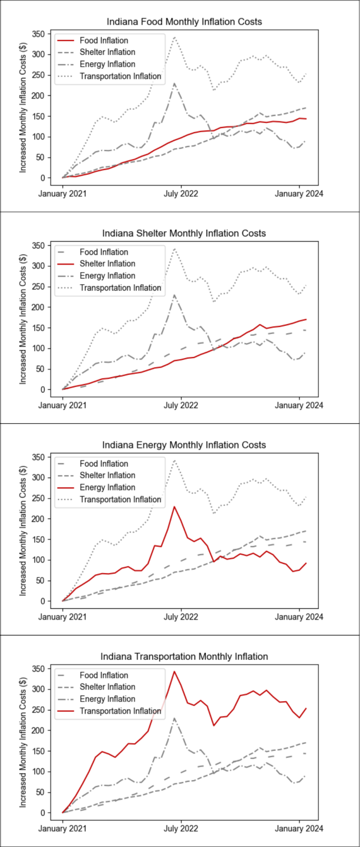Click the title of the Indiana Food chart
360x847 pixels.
pos(184,22)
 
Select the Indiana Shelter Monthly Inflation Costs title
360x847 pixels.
pos(184,233)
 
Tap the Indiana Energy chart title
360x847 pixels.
pos(184,445)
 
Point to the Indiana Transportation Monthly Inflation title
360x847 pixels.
pos(184,657)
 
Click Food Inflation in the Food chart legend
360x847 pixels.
pos(104,41)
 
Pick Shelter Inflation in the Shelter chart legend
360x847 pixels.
pos(107,264)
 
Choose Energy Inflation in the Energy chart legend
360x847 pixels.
pos(107,488)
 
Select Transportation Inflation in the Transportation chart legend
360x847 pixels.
pos(120,711)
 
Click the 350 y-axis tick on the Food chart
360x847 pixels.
pos(38,34)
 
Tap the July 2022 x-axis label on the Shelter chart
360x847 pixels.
pos(181,405)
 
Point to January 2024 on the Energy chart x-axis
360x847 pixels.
pos(299,617)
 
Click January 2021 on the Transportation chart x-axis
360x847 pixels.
pos(62,828)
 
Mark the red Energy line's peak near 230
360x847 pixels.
pos(174,507)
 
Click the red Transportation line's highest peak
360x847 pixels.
pos(174,672)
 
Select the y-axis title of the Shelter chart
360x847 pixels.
pos(23,319)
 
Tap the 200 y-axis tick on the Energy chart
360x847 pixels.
pos(38,519)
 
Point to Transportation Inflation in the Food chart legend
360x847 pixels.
pos(120,76)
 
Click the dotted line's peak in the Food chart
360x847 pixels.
pos(174,37)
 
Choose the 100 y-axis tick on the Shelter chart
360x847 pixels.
pos(38,348)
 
